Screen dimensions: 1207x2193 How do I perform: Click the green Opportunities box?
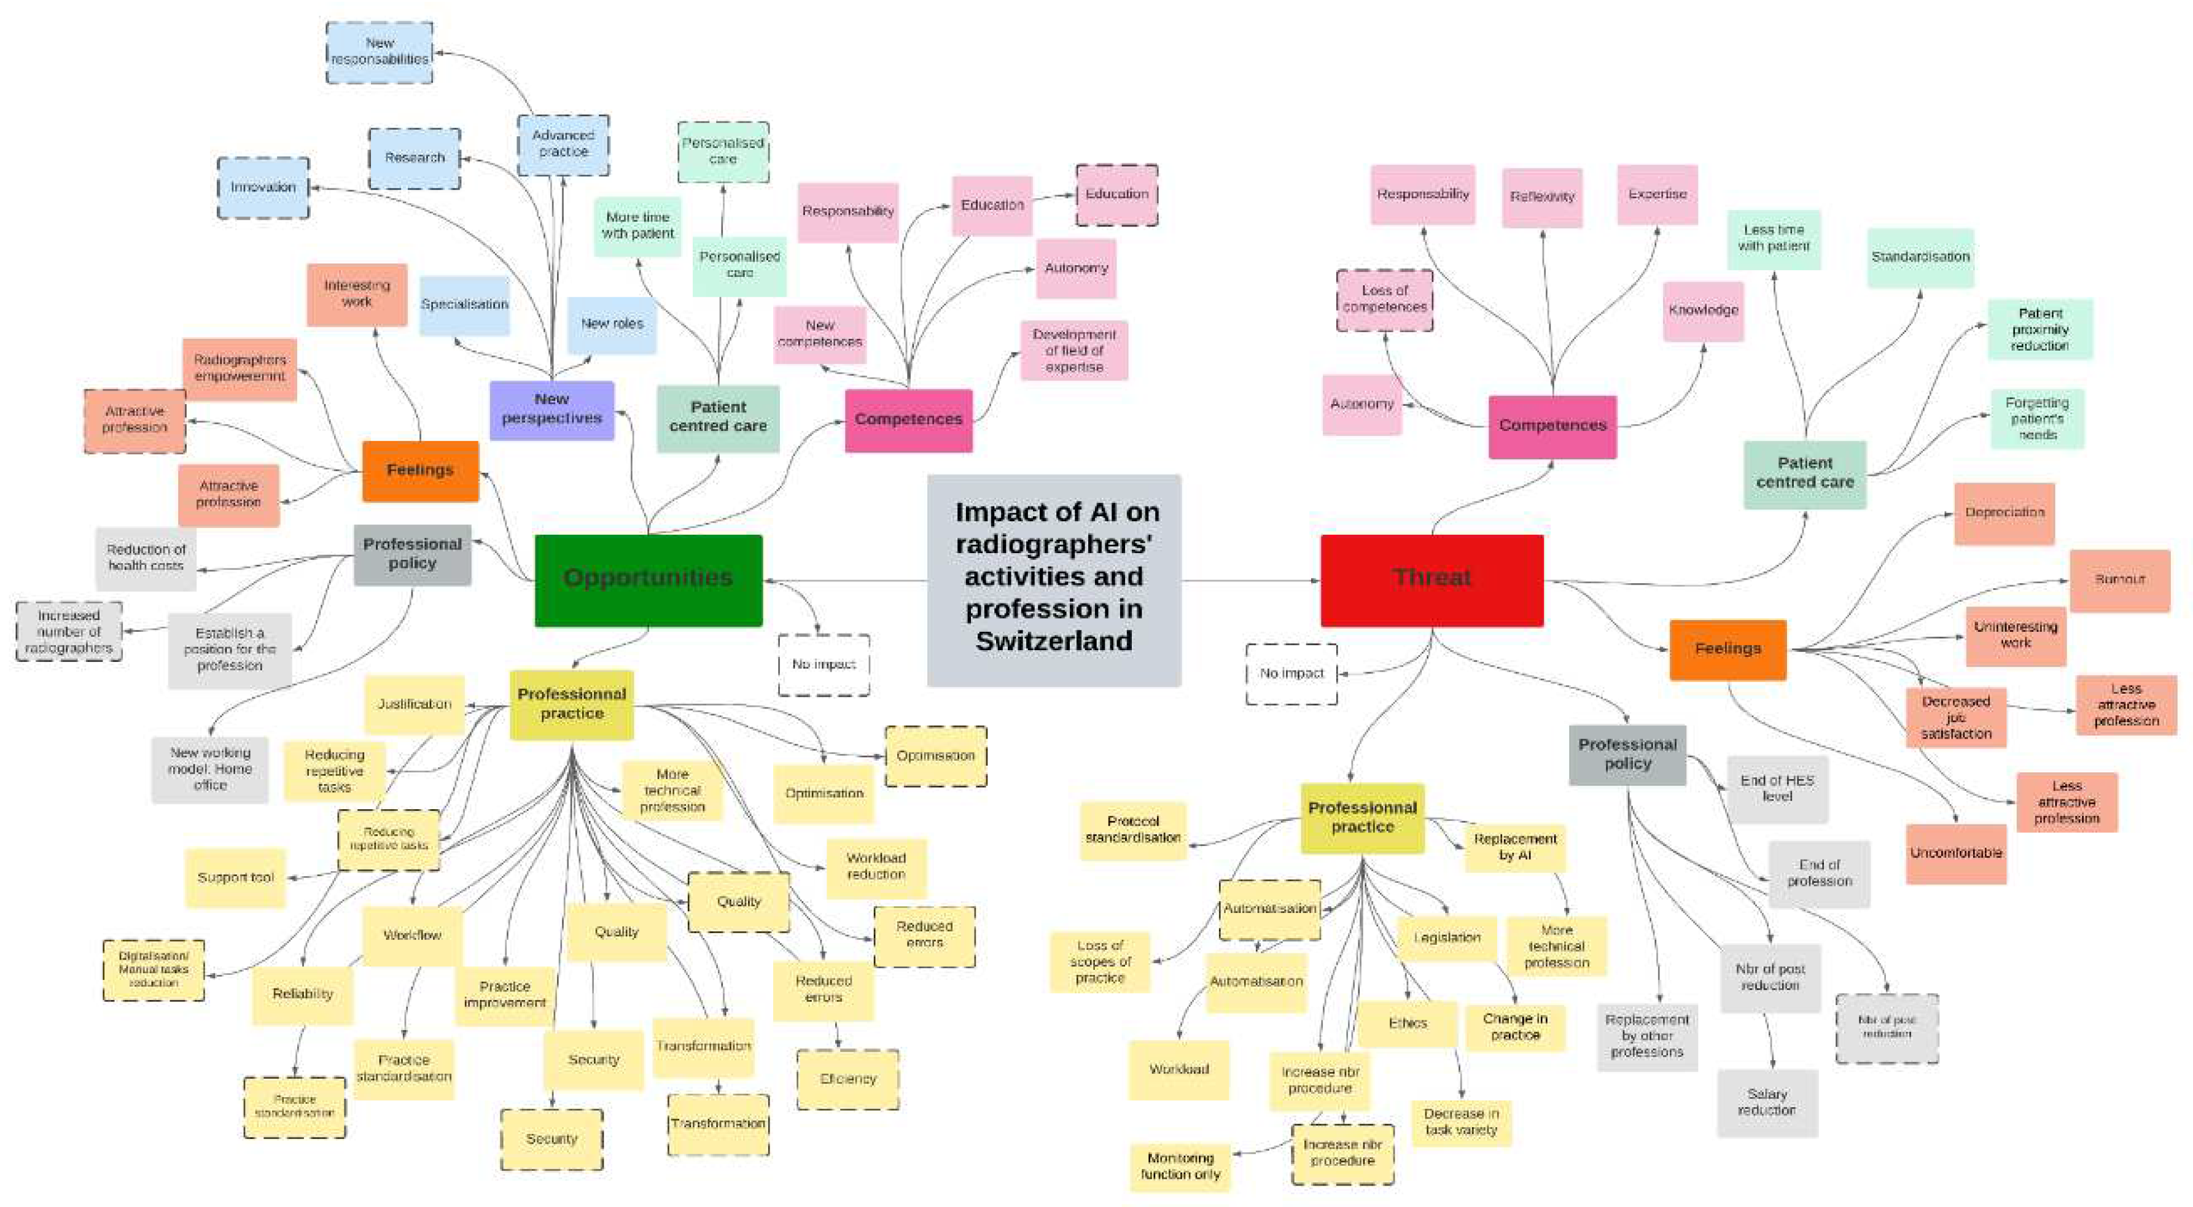[x=648, y=580]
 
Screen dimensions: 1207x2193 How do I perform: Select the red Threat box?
[x=1431, y=580]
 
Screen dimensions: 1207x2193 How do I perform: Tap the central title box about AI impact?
[x=1054, y=580]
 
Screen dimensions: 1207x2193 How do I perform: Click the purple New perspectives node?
[x=551, y=409]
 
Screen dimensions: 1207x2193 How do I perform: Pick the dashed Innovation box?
[x=263, y=187]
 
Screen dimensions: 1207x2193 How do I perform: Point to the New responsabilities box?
[x=380, y=52]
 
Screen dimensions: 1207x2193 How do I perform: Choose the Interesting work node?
[x=357, y=293]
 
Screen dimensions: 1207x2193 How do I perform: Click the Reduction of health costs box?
[x=146, y=557]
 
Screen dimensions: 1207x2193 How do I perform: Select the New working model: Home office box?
[x=210, y=769]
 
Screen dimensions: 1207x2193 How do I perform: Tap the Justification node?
[x=415, y=704]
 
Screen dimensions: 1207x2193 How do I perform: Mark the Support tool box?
[x=236, y=877]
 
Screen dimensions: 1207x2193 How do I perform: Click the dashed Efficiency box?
[x=848, y=1079]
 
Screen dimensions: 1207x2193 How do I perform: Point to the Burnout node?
[x=2119, y=580]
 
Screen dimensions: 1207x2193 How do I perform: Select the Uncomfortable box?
[x=1955, y=853]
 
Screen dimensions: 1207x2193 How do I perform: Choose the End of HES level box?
[x=1777, y=788]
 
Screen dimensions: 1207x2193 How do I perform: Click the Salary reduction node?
[x=1766, y=1102]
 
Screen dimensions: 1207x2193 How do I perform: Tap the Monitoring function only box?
[x=1180, y=1166]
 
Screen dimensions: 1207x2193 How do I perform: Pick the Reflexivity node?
[x=1542, y=196]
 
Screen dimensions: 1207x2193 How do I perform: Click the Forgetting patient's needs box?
[x=2036, y=418]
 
